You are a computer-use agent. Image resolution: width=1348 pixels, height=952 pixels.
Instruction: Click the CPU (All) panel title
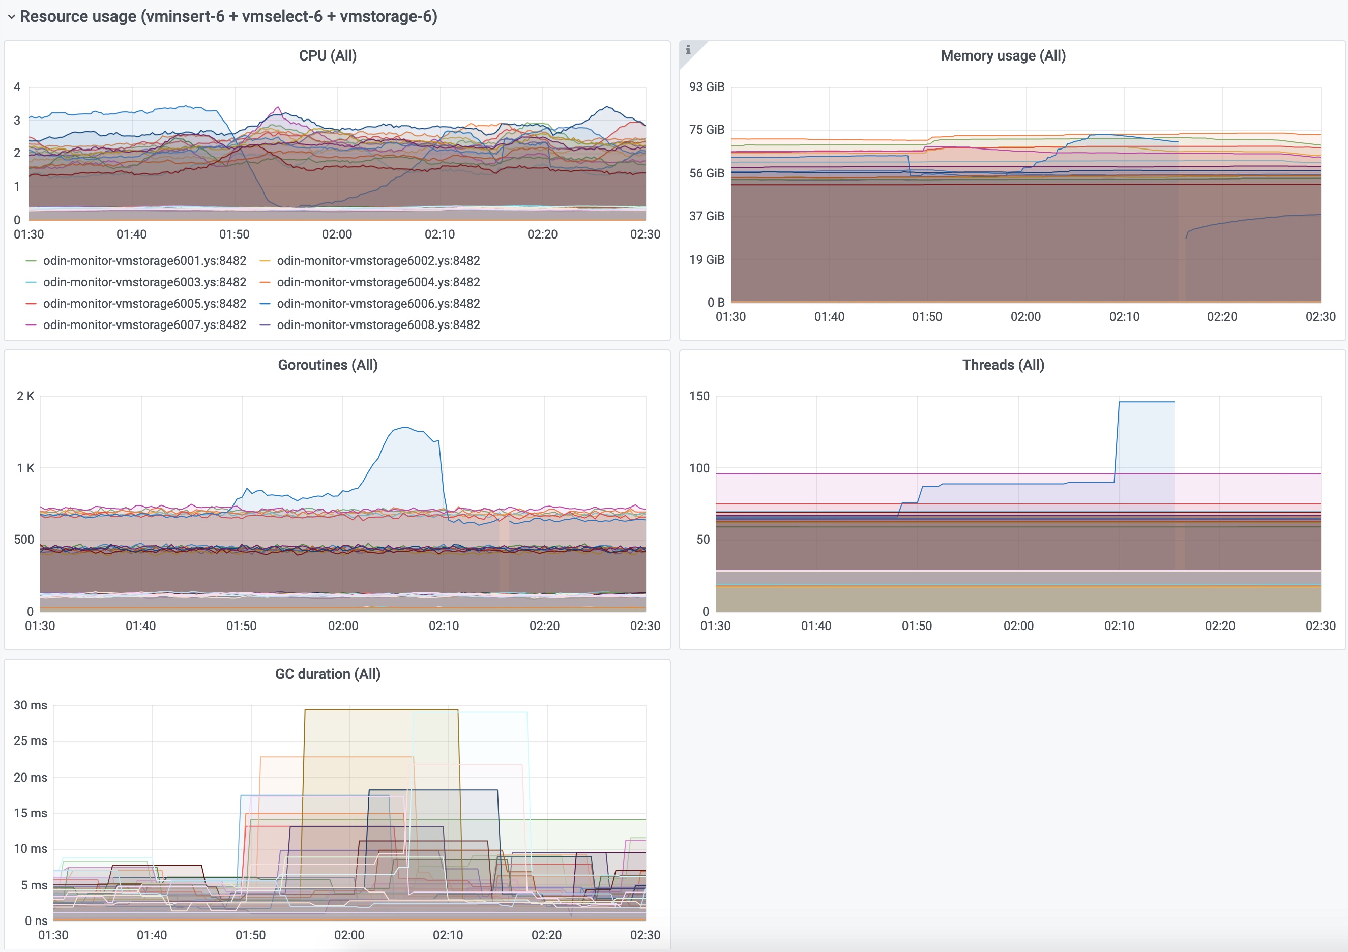pyautogui.click(x=328, y=56)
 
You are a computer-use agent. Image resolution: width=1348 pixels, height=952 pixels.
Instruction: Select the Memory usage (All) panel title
pyautogui.click(x=1003, y=56)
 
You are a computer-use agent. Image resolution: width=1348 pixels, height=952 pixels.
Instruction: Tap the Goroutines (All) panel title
pyautogui.click(x=328, y=365)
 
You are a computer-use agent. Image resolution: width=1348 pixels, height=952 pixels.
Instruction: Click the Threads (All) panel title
pyautogui.click(x=1003, y=365)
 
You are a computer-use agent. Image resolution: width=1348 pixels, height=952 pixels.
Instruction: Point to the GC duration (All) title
pyautogui.click(x=328, y=674)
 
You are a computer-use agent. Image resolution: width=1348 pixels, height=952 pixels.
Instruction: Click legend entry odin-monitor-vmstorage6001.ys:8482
pyautogui.click(x=144, y=260)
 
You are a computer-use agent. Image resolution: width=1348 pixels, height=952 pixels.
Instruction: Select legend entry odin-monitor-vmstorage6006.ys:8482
pyautogui.click(x=378, y=304)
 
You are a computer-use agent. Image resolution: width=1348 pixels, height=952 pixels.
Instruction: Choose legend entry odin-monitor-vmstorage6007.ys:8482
pyautogui.click(x=144, y=325)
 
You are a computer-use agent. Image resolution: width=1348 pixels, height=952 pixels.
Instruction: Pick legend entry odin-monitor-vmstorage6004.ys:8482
pyautogui.click(x=378, y=282)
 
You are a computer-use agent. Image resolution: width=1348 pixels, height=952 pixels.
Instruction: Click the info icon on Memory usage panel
pyautogui.click(x=688, y=50)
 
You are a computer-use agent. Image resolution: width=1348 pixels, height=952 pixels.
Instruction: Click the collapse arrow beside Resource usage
pyautogui.click(x=11, y=17)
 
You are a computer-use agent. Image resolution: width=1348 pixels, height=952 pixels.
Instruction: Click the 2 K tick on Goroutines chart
pyautogui.click(x=25, y=396)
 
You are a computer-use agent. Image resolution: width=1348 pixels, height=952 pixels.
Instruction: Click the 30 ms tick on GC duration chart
pyautogui.click(x=30, y=705)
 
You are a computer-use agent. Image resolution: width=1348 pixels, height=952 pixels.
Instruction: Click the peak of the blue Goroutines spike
pyautogui.click(x=405, y=428)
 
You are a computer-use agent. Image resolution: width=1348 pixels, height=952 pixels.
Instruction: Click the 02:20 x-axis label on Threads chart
pyautogui.click(x=1219, y=626)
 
